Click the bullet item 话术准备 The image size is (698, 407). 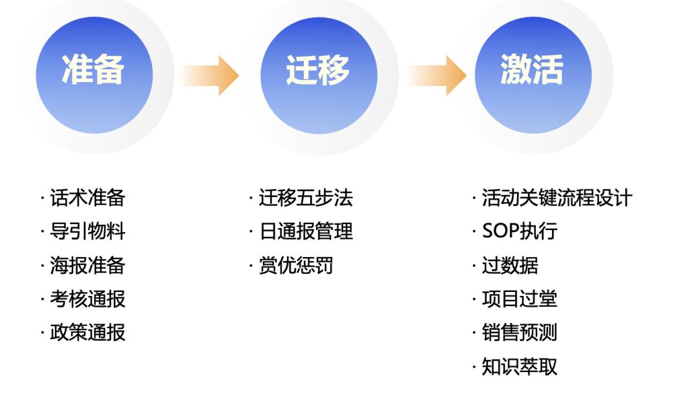87,198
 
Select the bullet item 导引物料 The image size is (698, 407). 87,231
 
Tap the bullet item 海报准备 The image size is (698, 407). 87,265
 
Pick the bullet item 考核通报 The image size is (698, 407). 87,298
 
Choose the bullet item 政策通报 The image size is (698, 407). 87,332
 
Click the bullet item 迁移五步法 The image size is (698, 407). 306,198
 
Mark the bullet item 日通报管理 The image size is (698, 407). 306,231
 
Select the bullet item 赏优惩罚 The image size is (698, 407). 296,265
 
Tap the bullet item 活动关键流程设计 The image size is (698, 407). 556,198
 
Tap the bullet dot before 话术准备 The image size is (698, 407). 42,198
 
